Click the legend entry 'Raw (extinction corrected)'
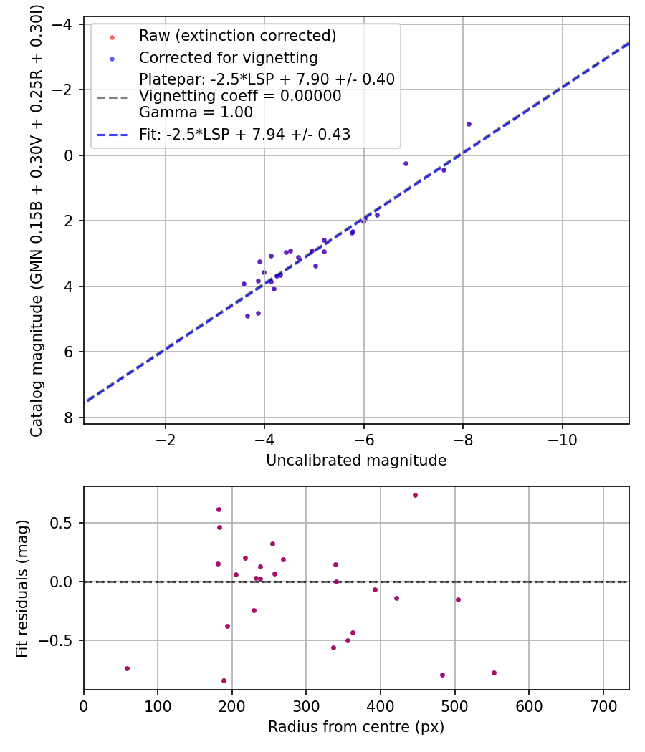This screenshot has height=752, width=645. point(237,36)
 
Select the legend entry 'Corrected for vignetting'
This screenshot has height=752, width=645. point(228,57)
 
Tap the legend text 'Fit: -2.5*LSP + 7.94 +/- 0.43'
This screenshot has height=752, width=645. point(244,134)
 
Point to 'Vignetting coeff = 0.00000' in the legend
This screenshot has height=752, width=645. point(240,96)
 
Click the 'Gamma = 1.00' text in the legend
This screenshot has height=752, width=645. point(196,112)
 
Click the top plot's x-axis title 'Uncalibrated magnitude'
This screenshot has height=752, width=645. point(356,461)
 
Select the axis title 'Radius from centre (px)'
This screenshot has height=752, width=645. point(356,727)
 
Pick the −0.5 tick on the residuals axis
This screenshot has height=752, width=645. point(62,640)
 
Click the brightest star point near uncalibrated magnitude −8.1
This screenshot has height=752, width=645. point(469,124)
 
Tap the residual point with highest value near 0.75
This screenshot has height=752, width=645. point(415,495)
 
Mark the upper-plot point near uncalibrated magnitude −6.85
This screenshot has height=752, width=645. point(406,163)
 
